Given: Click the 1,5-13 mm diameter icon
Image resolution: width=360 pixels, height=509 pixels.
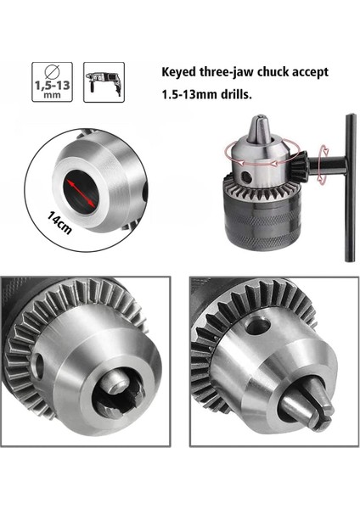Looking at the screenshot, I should (51, 81).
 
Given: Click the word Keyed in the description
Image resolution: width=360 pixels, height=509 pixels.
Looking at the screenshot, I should (180, 73).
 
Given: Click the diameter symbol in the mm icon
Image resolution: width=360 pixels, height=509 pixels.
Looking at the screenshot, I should (51, 73).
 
